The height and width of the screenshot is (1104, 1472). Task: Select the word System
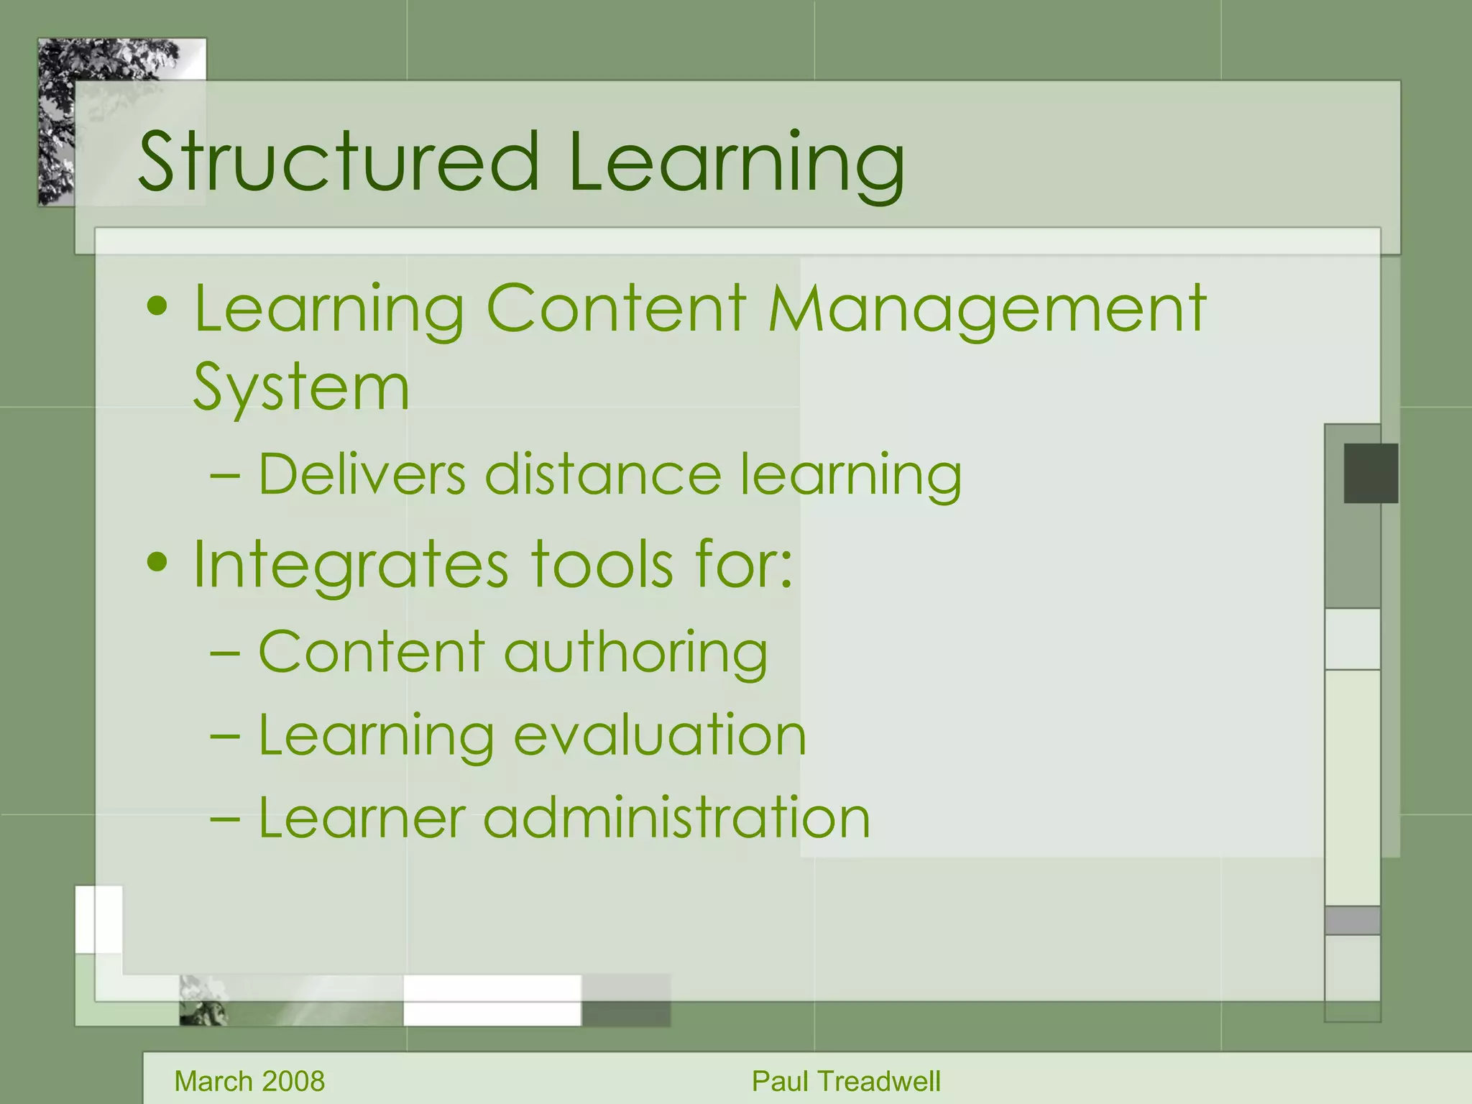coord(302,388)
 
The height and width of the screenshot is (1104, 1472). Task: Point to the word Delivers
coord(362,474)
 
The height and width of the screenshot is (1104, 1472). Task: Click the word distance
coord(602,474)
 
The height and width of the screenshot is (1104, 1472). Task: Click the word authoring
coord(635,653)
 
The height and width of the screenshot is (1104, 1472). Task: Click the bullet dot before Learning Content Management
coord(157,308)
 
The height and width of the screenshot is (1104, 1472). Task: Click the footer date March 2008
coord(249,1081)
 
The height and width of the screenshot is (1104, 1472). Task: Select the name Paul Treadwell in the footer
coord(846,1081)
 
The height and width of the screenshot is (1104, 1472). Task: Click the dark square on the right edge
coord(1371,473)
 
